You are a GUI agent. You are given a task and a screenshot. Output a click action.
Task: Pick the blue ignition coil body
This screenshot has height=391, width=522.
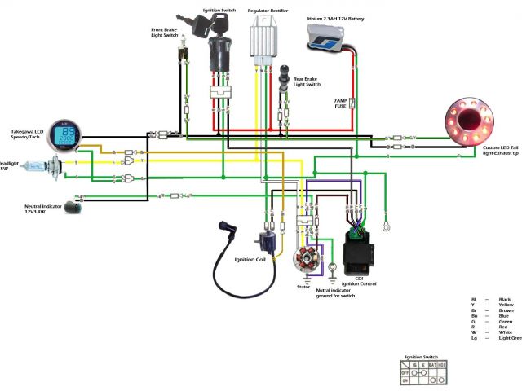266,242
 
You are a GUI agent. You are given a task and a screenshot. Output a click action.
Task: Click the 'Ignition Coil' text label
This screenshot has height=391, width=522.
249,260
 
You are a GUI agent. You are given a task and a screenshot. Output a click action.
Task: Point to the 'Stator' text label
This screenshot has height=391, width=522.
303,287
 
